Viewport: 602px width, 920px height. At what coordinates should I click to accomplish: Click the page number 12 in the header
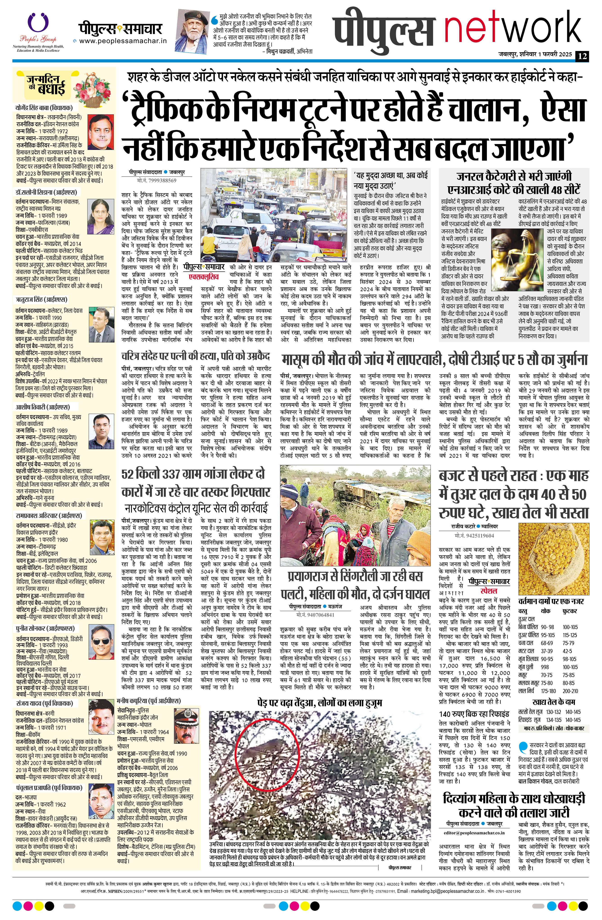click(x=583, y=56)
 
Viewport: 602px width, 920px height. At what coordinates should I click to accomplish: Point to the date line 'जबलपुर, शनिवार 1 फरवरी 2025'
click(x=535, y=56)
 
